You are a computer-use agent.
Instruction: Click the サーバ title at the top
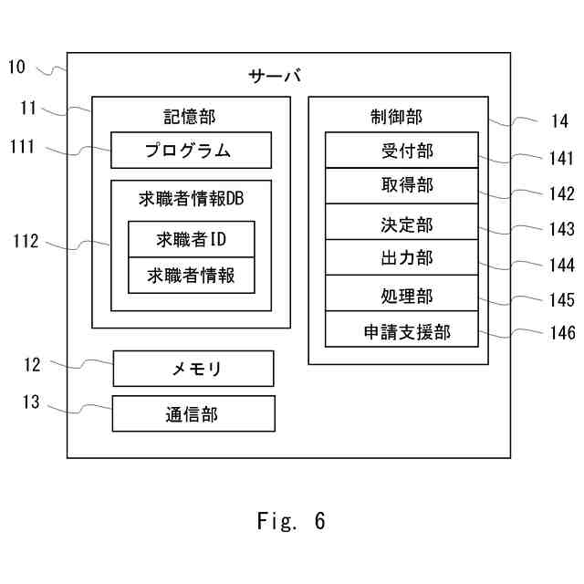pos(275,76)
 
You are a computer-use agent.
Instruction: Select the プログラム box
pos(191,151)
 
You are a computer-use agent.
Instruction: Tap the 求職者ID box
pos(191,240)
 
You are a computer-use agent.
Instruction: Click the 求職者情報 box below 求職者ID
pos(191,275)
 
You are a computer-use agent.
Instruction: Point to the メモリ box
pos(193,369)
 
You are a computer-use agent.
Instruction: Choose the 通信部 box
pos(193,413)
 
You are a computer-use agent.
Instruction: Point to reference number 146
pos(562,335)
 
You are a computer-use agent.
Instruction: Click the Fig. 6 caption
pos(291,521)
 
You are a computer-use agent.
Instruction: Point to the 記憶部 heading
pos(190,116)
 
